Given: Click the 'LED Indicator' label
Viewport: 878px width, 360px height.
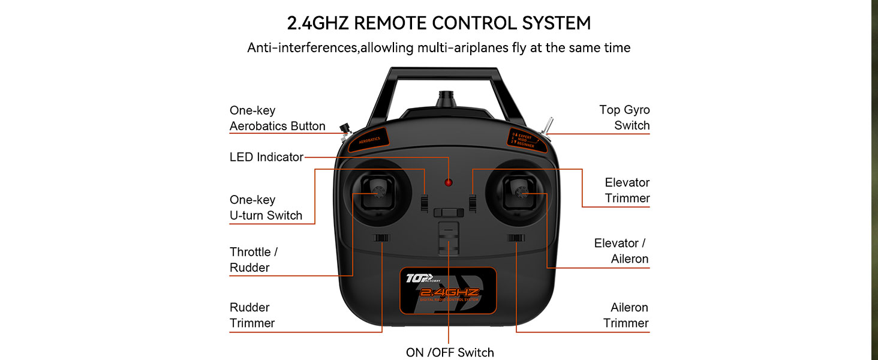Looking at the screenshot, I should coord(266,157).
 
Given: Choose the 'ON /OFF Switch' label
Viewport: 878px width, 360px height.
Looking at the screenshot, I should coord(450,352).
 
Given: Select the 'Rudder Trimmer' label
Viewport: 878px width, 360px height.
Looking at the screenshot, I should coord(252,315).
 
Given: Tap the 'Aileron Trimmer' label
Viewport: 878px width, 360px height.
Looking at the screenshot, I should coord(626,315).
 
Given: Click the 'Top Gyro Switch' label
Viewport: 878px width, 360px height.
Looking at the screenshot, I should coord(624,118).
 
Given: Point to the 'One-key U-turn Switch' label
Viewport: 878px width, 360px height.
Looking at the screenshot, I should coord(266,208).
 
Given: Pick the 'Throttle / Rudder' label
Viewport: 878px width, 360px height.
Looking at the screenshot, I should coord(253,260).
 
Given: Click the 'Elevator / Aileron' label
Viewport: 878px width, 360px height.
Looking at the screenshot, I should coord(621,251).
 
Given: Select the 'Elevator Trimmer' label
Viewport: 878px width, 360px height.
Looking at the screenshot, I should coord(627,190).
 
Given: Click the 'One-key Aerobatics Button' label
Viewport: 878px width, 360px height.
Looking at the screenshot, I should coord(277,118).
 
